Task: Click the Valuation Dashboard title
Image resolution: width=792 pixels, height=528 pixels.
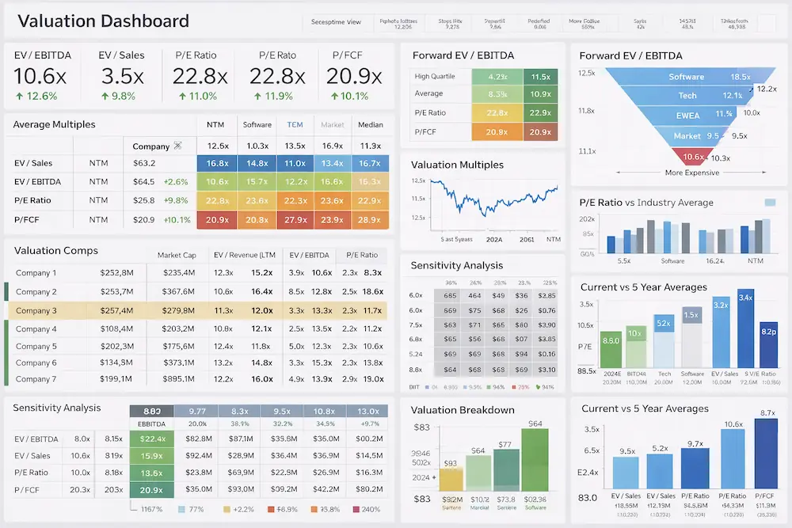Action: [102, 21]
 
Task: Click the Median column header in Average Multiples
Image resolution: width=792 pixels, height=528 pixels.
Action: [370, 124]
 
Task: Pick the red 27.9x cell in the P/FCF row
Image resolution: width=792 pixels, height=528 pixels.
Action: [295, 219]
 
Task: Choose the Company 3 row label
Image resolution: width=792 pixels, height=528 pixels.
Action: [36, 310]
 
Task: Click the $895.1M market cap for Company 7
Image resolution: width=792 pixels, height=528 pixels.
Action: [178, 378]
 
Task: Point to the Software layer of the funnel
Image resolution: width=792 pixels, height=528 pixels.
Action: [686, 77]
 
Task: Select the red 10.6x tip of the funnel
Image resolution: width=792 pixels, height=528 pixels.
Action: [693, 157]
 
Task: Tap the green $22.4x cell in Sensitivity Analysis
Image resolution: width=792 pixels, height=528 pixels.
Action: [151, 438]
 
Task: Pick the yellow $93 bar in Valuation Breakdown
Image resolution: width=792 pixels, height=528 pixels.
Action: [451, 478]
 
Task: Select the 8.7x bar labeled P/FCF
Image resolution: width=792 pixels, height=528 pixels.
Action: [766, 453]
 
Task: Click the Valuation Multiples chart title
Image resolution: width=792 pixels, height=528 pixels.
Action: [457, 165]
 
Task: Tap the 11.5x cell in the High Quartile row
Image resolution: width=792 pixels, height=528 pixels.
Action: [540, 77]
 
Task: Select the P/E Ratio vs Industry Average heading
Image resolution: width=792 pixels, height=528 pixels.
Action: [646, 203]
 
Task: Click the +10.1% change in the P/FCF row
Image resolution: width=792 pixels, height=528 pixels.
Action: [177, 219]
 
